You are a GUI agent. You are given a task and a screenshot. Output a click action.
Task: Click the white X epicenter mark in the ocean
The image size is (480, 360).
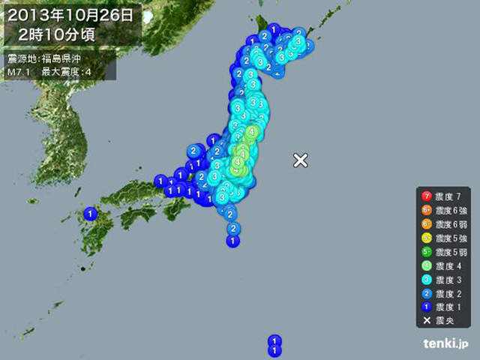click(x=300, y=160)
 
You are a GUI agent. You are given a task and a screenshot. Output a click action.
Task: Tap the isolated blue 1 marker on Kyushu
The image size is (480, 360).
click(x=91, y=214)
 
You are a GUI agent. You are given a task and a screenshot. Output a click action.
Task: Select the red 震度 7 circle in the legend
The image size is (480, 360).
click(x=426, y=196)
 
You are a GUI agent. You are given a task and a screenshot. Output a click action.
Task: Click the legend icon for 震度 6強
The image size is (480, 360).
click(x=426, y=210)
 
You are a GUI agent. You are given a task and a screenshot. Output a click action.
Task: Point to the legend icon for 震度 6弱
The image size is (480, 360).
click(x=426, y=224)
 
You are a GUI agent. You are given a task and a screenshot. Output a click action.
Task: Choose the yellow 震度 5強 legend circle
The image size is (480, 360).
click(x=426, y=238)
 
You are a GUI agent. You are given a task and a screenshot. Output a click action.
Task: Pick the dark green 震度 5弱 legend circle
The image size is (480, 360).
click(x=426, y=252)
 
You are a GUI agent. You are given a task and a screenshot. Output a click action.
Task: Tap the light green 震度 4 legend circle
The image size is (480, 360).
click(x=426, y=265)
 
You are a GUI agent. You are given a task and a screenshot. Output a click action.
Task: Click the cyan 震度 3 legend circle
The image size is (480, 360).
click(x=426, y=280)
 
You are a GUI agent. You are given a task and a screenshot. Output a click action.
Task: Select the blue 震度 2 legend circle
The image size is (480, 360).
click(x=426, y=293)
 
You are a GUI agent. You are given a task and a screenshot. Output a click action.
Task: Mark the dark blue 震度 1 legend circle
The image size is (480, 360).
click(x=426, y=307)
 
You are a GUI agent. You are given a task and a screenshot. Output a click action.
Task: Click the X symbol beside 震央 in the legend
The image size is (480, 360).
click(x=426, y=321)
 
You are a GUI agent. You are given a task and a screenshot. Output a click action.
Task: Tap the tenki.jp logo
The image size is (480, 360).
click(x=445, y=344)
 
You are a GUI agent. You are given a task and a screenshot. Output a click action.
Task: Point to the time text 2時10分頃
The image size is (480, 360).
click(x=63, y=34)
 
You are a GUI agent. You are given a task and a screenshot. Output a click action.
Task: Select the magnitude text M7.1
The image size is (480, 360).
click(x=19, y=72)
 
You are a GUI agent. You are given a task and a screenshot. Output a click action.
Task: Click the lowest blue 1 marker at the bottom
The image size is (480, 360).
click(x=275, y=349)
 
